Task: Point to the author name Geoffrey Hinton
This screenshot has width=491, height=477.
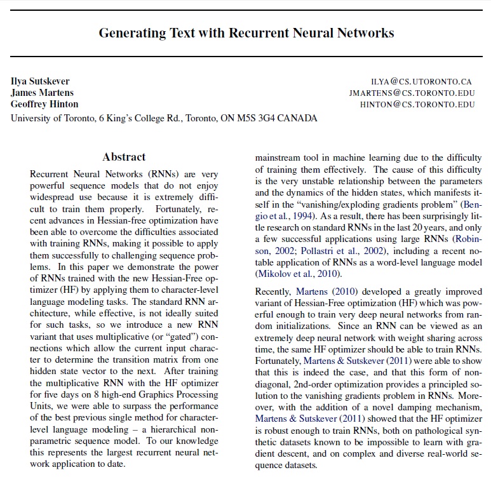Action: [44, 104]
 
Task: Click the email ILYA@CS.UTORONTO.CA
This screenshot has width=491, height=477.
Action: [422, 82]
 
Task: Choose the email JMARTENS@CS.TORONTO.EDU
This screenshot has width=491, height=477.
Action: [412, 93]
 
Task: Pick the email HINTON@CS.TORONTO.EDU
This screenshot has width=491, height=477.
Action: [417, 105]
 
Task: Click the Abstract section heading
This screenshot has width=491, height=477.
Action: [124, 157]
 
